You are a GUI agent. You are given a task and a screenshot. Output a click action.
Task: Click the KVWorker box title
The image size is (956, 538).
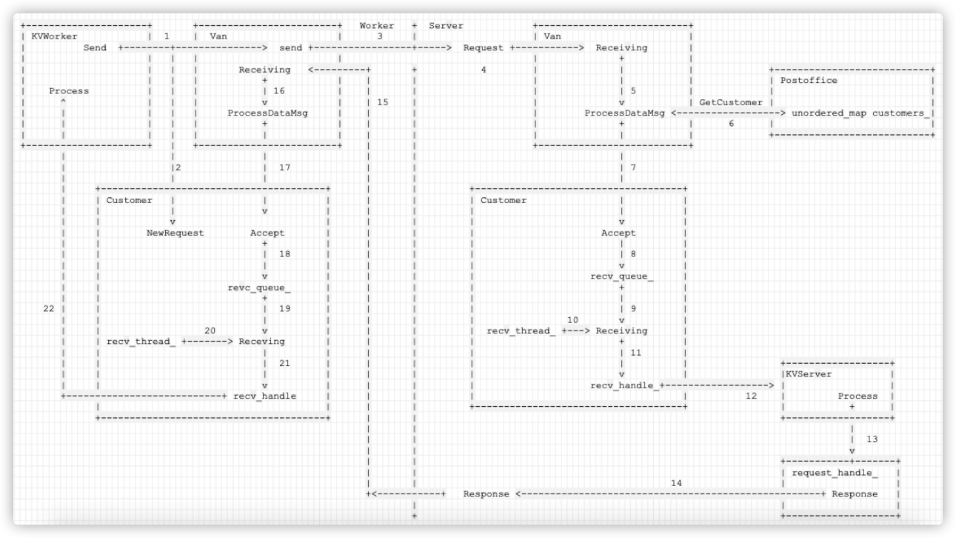click(54, 36)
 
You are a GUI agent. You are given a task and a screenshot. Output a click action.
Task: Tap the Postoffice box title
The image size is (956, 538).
click(809, 80)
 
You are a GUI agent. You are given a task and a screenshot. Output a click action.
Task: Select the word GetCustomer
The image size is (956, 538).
click(731, 102)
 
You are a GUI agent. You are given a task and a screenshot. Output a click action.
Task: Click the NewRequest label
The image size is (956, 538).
click(175, 233)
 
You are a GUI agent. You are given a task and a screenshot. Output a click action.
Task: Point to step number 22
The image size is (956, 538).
click(49, 309)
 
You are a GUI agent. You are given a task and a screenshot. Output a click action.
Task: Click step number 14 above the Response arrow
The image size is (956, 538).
click(676, 483)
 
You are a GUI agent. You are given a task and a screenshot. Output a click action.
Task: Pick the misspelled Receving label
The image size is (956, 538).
click(261, 342)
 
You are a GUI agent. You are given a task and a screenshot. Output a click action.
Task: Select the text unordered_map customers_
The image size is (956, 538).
click(860, 113)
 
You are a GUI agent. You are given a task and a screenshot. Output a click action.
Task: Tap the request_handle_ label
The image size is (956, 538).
click(835, 473)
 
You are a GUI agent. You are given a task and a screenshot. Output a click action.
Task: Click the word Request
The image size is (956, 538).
click(483, 48)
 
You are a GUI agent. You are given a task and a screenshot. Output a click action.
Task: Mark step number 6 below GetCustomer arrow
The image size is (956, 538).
click(731, 124)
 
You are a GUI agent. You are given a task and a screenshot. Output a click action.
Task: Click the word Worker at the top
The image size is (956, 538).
click(376, 26)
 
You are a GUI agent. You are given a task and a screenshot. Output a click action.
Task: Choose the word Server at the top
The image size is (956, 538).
click(446, 26)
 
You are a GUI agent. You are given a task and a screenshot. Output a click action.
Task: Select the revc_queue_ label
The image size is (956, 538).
click(258, 288)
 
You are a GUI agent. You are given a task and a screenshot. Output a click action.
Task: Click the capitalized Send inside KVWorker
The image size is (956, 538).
click(95, 48)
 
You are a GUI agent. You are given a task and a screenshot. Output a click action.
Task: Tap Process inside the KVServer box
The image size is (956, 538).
click(858, 396)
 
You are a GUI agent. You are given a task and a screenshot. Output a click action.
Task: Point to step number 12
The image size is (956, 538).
click(751, 396)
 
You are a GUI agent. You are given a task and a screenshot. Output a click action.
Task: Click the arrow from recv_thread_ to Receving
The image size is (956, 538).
click(207, 342)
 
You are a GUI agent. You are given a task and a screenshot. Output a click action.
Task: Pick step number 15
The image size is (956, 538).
click(382, 102)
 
